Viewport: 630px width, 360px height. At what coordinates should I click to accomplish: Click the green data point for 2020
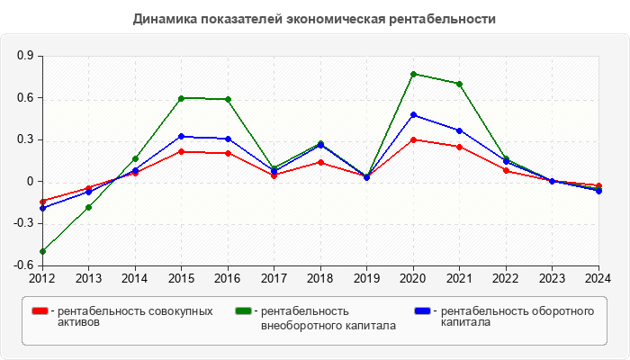coord(413,74)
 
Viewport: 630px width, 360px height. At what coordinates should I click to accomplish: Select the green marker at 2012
coord(42,251)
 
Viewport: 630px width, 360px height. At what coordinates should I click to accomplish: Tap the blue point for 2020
coord(413,114)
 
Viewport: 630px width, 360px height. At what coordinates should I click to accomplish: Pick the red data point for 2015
coord(181,151)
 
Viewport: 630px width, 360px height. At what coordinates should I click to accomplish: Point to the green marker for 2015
coord(181,98)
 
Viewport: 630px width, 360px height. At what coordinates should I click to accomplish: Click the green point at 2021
coord(459,84)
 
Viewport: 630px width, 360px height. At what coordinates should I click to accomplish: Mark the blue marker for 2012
coord(42,208)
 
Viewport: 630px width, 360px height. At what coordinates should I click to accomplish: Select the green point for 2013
coord(88,207)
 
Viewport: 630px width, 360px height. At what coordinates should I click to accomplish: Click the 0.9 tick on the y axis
coord(25,56)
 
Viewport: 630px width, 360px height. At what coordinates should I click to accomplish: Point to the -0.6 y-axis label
coord(23,265)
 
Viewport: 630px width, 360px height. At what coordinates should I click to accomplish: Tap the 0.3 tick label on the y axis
coord(25,139)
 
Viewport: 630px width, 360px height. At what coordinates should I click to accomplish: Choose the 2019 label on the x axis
coord(366,278)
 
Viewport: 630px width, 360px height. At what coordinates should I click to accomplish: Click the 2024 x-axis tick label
coord(598,278)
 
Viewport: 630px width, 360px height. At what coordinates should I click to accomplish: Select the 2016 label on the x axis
coord(228,278)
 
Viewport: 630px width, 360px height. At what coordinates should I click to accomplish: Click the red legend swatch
coord(40,311)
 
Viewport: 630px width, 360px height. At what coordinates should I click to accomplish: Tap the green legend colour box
coord(243,311)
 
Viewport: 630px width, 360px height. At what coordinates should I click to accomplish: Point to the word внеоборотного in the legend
coord(297,325)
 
